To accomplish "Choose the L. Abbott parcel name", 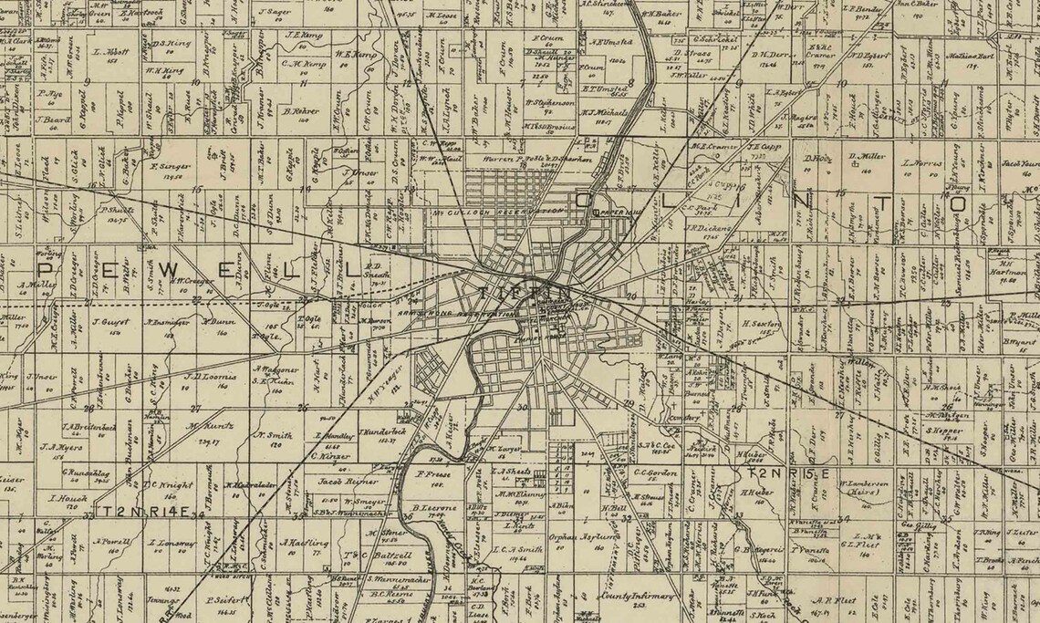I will tap(110, 53).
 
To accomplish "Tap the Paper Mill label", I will tap(608, 212).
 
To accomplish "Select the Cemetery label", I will tap(678, 418).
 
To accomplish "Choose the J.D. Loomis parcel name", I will tap(211, 376).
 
